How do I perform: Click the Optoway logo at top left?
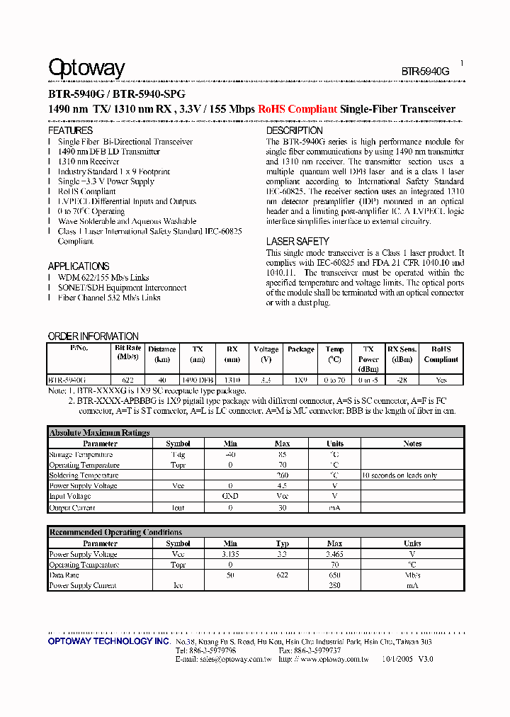click(86, 69)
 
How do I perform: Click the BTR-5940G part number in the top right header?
click(425, 72)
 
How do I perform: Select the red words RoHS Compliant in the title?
click(297, 109)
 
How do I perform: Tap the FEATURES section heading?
click(70, 131)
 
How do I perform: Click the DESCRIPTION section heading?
click(294, 131)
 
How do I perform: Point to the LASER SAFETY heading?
click(297, 242)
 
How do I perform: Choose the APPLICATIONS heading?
click(79, 266)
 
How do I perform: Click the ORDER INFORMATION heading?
click(93, 336)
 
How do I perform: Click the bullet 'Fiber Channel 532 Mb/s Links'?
click(109, 298)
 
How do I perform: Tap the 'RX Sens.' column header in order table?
click(402, 349)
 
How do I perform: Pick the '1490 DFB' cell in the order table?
click(198, 380)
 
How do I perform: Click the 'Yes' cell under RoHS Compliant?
click(441, 380)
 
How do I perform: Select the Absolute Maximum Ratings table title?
click(99, 432)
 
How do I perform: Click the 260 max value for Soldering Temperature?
click(282, 475)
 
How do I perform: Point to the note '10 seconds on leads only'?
click(399, 475)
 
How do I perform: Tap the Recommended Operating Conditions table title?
click(115, 532)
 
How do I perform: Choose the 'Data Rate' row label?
click(64, 575)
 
